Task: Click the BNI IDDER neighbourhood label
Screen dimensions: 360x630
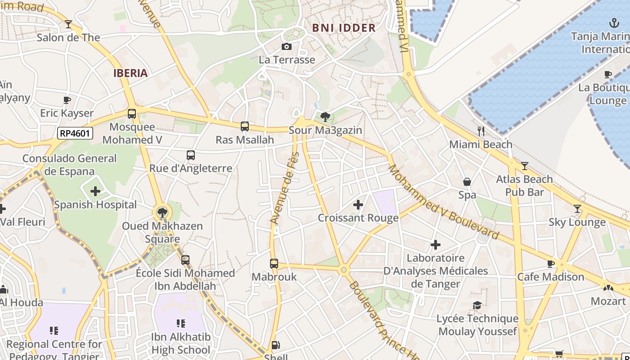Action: click(x=344, y=28)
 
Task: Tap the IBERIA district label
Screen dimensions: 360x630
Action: click(x=130, y=73)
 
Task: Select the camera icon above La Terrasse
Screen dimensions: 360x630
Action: click(x=286, y=46)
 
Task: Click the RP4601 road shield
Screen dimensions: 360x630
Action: click(x=75, y=133)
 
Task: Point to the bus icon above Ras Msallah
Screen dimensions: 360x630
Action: click(x=245, y=126)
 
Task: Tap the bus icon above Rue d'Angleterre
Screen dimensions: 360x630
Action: click(x=191, y=155)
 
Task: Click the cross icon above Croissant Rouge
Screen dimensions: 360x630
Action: click(x=358, y=205)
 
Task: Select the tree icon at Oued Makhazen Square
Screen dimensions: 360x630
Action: click(x=162, y=212)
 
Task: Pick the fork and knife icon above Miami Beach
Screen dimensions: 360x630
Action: click(x=481, y=131)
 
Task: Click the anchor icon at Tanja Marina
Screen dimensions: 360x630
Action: click(x=614, y=22)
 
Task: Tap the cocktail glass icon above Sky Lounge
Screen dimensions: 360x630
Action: click(x=577, y=209)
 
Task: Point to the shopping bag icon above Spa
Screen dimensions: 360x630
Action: click(x=467, y=182)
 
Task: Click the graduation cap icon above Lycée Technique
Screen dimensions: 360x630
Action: click(x=477, y=306)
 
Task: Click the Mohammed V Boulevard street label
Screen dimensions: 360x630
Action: click(x=443, y=202)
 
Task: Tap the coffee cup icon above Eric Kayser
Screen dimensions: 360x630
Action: click(x=67, y=100)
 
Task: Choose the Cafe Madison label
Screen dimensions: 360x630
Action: click(x=551, y=277)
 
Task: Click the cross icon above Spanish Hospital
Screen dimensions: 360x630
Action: click(x=95, y=191)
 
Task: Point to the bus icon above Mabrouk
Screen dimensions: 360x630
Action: click(x=274, y=264)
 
